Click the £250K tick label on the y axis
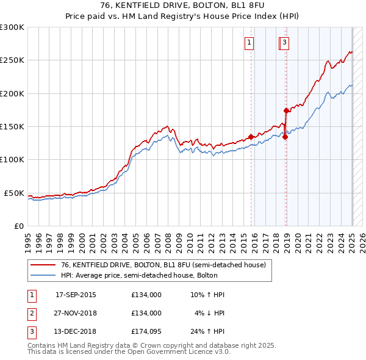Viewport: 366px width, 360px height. pyautogui.click(x=12, y=60)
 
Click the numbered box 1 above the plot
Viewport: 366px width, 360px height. pyautogui.click(x=250, y=43)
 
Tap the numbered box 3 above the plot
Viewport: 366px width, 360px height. pyautogui.click(x=285, y=43)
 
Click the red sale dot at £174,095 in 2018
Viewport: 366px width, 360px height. pyautogui.click(x=286, y=110)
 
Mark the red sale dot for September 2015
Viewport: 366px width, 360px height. pyautogui.click(x=251, y=137)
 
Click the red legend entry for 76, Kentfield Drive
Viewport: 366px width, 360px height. pyautogui.click(x=163, y=265)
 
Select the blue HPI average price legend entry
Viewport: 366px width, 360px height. pyautogui.click(x=150, y=275)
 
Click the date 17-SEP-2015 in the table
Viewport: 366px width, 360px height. pyautogui.click(x=76, y=295)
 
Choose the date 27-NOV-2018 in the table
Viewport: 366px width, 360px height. pyautogui.click(x=76, y=314)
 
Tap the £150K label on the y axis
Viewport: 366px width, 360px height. pyautogui.click(x=12, y=127)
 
